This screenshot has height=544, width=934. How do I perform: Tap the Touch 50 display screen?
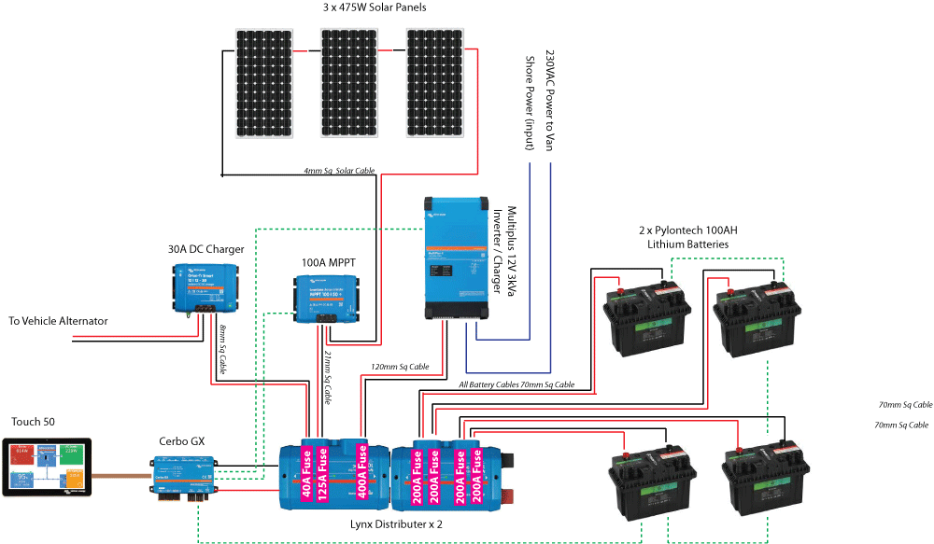coord(49,468)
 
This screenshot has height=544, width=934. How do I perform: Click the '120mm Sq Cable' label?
coord(400,367)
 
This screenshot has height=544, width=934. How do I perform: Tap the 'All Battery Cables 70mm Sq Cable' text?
coord(517,384)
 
